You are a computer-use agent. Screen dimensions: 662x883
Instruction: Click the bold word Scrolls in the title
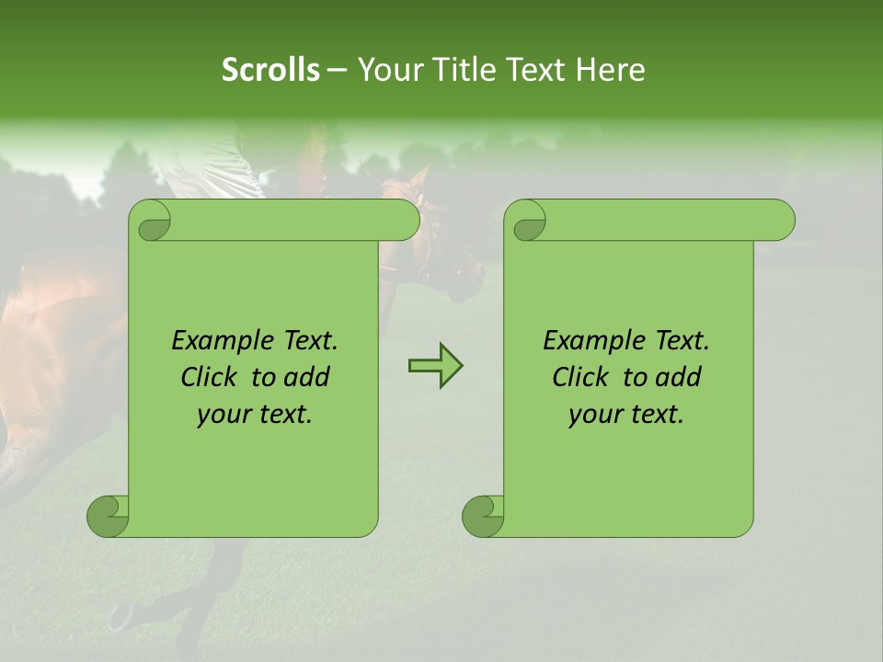coord(270,69)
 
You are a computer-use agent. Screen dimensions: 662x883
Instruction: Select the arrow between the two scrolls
coord(435,367)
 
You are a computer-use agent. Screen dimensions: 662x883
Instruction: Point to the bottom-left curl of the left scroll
coord(109,516)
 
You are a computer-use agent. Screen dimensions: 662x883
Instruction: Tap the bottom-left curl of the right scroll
coord(484,516)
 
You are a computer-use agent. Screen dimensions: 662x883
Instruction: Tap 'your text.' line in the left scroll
coord(255,415)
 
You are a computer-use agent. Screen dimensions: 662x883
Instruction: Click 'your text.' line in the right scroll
coord(626,415)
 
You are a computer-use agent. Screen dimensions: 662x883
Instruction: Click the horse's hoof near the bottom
coord(120,616)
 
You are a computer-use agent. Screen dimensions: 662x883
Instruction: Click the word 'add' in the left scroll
coord(308,377)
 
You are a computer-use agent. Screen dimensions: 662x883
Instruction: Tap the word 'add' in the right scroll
coord(680,377)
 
